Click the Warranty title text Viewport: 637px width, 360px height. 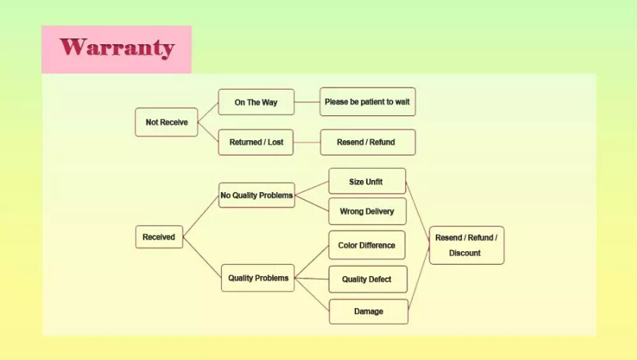117,48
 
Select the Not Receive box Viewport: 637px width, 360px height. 166,122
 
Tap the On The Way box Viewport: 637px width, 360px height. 256,102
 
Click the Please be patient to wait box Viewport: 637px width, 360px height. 367,102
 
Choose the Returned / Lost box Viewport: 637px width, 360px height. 256,142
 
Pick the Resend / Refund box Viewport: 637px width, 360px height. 367,142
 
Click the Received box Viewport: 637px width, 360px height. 159,237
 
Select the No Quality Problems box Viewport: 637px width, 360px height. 256,195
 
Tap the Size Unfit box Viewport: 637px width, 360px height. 366,181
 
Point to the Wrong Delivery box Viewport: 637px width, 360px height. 367,211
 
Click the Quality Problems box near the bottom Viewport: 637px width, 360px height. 257,277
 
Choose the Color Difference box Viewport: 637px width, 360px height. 366,245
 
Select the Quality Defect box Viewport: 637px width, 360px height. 367,279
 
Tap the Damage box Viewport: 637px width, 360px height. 368,312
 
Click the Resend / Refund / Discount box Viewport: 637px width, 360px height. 466,245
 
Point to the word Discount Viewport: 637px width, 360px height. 465,253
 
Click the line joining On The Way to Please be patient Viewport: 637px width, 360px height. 306,102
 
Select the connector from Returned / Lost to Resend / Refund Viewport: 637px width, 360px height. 307,142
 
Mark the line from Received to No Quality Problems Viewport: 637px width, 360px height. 200,216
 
